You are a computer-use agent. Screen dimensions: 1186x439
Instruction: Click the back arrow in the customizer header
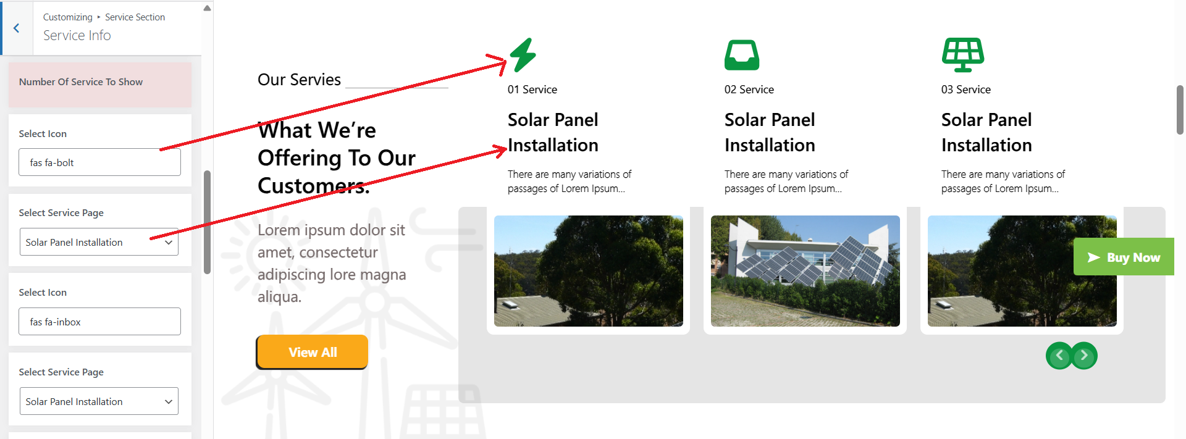coord(17,28)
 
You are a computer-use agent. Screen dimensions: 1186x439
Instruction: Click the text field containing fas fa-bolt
coord(99,162)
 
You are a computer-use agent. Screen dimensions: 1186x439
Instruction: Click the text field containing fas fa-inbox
coord(99,322)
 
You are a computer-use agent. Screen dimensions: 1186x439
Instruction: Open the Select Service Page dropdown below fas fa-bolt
coord(99,242)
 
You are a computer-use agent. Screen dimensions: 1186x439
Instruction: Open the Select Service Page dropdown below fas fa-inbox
coord(99,401)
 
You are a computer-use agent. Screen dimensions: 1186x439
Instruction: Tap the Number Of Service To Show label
coord(81,82)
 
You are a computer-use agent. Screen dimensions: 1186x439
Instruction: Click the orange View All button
coord(313,352)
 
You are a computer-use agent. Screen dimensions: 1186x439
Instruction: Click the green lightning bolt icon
coord(523,55)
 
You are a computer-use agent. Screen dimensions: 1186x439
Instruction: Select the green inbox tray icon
coord(742,55)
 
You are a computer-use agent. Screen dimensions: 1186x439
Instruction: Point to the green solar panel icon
coord(963,55)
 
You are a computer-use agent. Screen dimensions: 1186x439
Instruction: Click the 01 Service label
coord(532,90)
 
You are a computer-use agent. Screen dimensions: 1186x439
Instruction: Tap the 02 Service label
coord(749,90)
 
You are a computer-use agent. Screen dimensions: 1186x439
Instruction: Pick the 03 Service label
coord(966,90)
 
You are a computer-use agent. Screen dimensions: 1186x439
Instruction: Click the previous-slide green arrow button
coord(1059,356)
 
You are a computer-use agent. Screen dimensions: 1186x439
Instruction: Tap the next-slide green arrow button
coord(1084,356)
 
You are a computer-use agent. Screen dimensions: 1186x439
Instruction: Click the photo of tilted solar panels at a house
coord(805,271)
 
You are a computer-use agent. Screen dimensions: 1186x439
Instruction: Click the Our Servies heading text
coord(299,80)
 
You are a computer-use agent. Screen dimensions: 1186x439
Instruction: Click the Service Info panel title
coord(77,36)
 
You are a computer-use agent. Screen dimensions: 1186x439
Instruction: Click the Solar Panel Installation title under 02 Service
coord(770,132)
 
